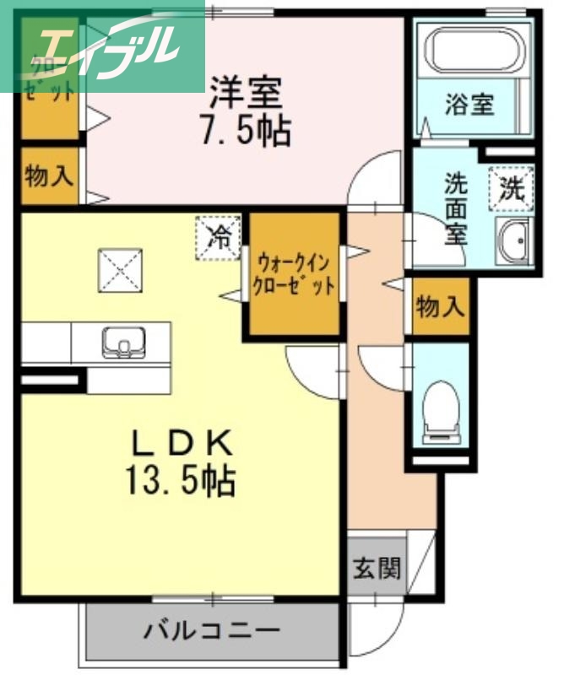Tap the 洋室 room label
(246, 90)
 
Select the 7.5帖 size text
(246, 131)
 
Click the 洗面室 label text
(456, 208)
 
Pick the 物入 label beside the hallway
(440, 308)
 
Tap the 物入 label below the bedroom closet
(49, 177)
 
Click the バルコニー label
(211, 630)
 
